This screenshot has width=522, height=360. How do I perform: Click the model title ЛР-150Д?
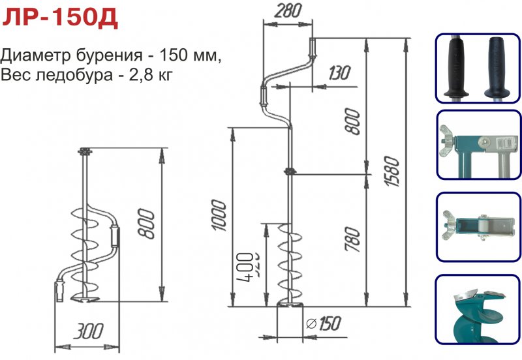pos(60,18)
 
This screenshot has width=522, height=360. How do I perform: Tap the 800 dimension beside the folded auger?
pos(149,224)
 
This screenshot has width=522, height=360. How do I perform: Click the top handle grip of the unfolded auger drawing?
pos(311,48)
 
